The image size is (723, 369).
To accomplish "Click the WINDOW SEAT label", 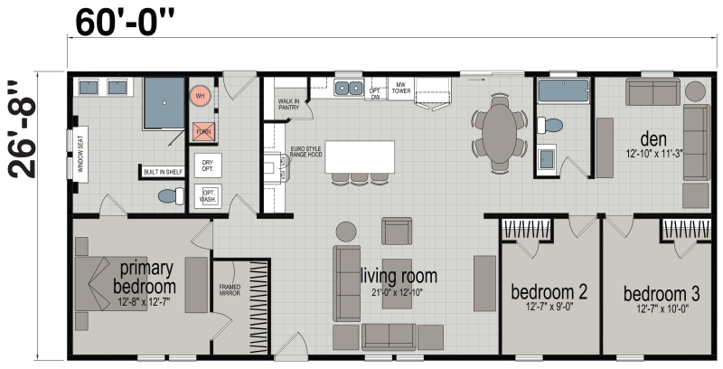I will pyautogui.click(x=80, y=156).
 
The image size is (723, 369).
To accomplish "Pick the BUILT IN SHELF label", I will pyautogui.click(x=162, y=171).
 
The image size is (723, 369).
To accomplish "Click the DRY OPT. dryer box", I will pyautogui.click(x=208, y=166).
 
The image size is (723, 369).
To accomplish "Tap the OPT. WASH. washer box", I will pyautogui.click(x=208, y=195).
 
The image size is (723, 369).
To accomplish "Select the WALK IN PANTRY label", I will pyautogui.click(x=288, y=105).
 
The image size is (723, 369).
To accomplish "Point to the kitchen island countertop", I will pyautogui.click(x=361, y=156).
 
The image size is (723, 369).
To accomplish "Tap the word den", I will pyautogui.click(x=653, y=139).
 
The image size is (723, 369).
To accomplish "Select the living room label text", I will pyautogui.click(x=399, y=276).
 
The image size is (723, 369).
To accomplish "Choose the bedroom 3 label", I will pyautogui.click(x=662, y=294).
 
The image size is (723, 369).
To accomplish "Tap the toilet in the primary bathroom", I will pyautogui.click(x=168, y=195).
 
